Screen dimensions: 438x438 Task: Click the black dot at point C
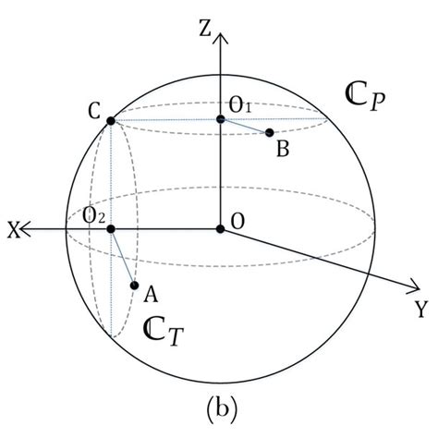pos(111,120)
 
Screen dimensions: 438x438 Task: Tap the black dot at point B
pos(270,133)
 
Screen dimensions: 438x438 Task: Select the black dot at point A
pos(135,286)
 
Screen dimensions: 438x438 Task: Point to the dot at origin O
pos(220,228)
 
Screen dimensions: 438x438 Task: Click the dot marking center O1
pos(220,119)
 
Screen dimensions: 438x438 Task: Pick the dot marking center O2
pos(111,228)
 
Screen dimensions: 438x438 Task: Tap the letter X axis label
pos(13,229)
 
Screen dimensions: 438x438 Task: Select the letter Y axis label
pos(420,310)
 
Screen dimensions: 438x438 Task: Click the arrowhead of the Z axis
pos(220,37)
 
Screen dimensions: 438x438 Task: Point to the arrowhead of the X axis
pos(29,228)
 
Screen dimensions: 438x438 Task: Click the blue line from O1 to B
pos(245,127)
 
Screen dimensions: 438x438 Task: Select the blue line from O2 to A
pos(123,257)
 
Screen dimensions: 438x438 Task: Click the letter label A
pos(149,295)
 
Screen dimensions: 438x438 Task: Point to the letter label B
pos(283,148)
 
